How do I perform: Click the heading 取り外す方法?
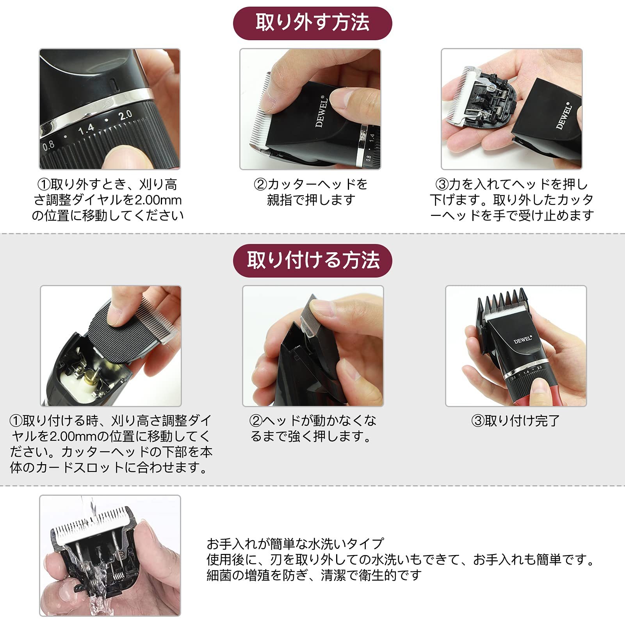pos(312,23)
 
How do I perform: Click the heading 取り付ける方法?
pos(312,260)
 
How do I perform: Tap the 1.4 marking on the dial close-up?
pos(86,128)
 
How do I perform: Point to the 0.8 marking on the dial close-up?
pos(48,146)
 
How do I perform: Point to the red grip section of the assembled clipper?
pos(547,394)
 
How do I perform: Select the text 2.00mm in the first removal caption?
pos(158,200)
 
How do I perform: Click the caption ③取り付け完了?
pos(516,421)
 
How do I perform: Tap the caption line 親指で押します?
pos(311,200)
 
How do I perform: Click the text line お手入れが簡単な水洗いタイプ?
pos(295,544)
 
